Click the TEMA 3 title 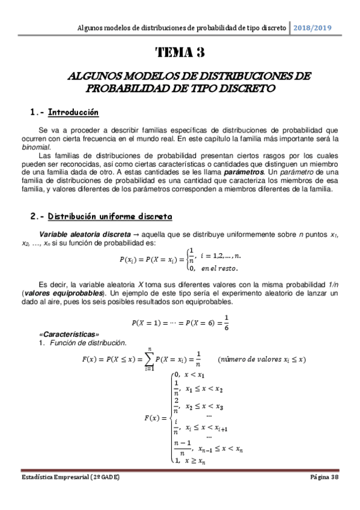(180, 52)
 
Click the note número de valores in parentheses (261, 359)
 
